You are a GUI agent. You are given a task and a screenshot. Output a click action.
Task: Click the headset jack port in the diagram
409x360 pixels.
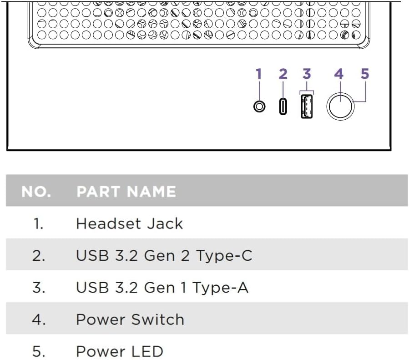click(x=259, y=106)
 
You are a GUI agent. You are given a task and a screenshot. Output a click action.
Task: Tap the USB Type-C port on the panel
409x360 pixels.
click(x=283, y=106)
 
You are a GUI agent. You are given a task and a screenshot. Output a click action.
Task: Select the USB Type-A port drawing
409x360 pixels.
click(x=307, y=106)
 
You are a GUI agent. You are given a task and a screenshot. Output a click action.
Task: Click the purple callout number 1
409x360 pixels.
click(x=259, y=74)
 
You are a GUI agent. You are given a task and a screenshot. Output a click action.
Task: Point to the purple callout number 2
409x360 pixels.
click(x=283, y=74)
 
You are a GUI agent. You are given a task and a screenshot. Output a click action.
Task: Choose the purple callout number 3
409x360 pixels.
click(x=307, y=74)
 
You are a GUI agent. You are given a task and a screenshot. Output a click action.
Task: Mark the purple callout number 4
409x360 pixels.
click(x=338, y=74)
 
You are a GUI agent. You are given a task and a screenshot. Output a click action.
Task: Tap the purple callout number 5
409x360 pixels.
click(x=364, y=74)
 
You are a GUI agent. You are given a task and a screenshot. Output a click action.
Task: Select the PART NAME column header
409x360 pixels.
click(x=126, y=192)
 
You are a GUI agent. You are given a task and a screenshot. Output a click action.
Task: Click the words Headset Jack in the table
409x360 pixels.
click(x=129, y=223)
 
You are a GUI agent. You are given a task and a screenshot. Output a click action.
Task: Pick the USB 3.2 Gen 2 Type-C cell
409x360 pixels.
click(x=164, y=255)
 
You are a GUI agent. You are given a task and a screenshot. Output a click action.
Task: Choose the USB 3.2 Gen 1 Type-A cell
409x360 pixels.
click(x=162, y=288)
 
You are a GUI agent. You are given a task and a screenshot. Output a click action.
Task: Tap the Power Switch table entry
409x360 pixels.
click(x=130, y=319)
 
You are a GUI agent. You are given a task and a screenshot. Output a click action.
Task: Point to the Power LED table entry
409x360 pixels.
click(x=119, y=351)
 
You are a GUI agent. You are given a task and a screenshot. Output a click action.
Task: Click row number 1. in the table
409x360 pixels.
click(x=38, y=223)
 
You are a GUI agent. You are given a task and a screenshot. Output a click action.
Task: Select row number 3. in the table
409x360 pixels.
click(x=38, y=288)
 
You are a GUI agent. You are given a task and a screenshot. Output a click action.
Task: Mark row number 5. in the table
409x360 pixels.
click(x=38, y=351)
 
